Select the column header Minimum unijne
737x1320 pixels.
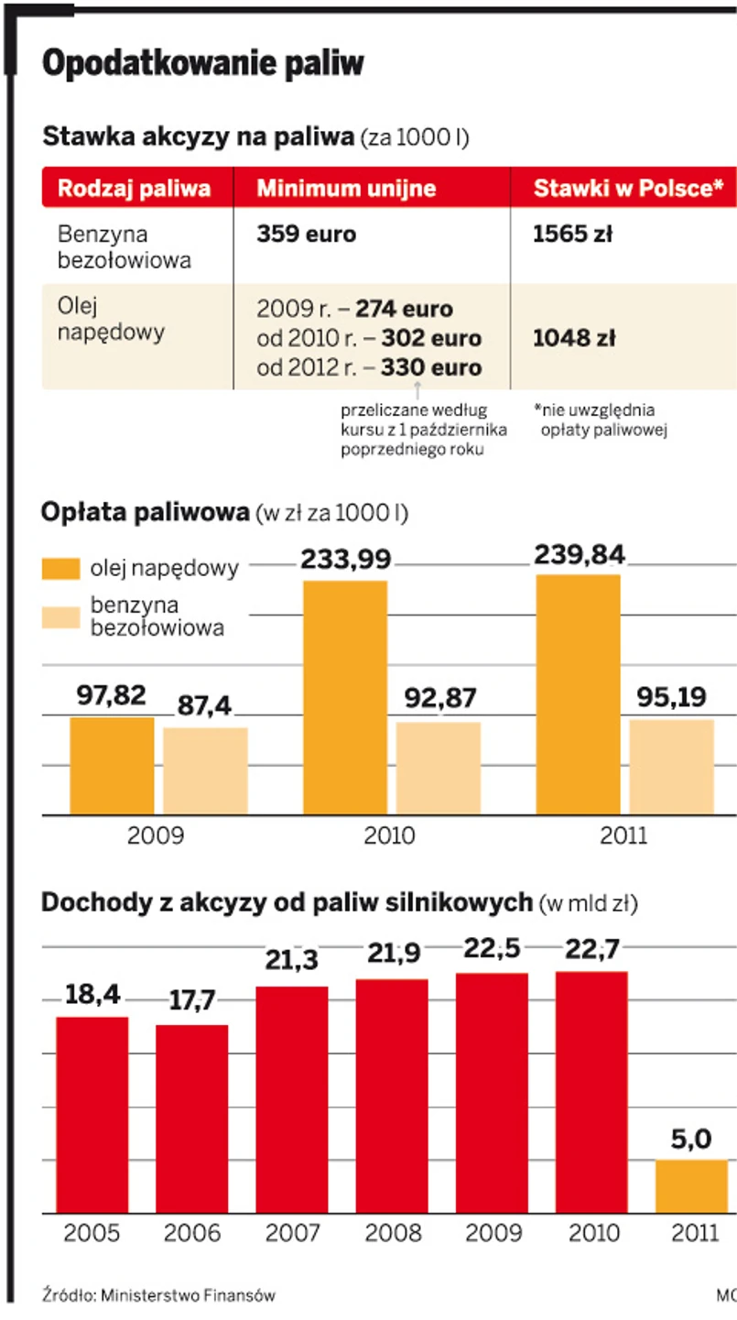pos(346,189)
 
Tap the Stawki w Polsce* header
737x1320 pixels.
pos(628,189)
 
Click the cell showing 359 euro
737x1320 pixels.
pos(306,235)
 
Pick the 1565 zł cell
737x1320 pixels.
pos(572,235)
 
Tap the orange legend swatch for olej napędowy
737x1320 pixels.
pos(61,568)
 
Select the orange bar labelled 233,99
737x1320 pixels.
pos(345,696)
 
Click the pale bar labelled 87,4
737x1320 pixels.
pos(205,770)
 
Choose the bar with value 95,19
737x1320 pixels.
pos(671,767)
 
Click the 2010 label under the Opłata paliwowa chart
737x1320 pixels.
pos(389,835)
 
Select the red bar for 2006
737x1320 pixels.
pos(192,1118)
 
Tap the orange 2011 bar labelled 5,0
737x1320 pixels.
pos(691,1186)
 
